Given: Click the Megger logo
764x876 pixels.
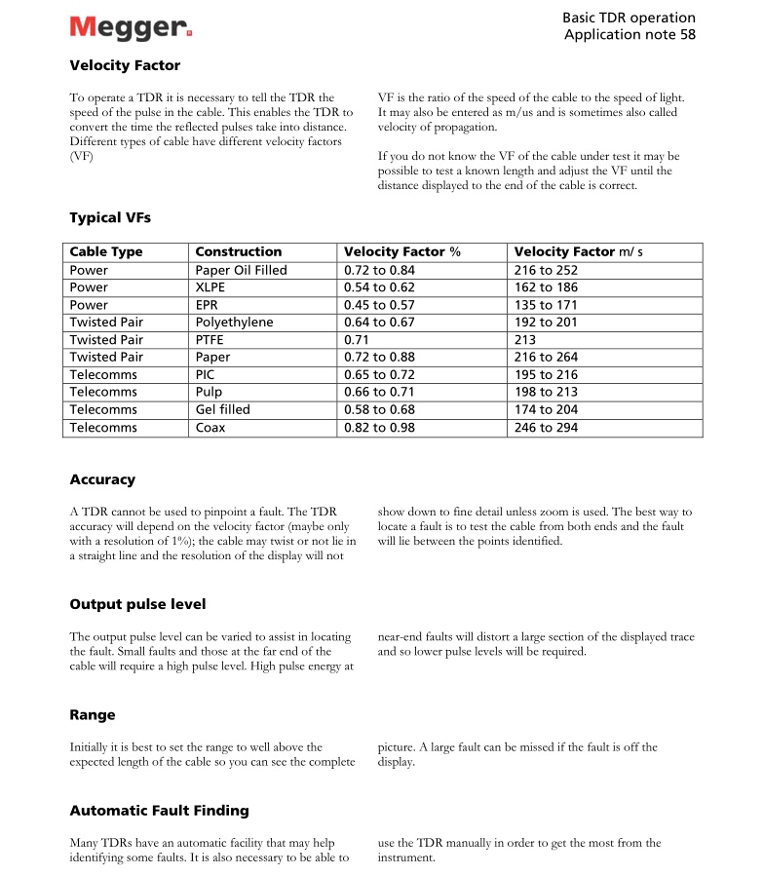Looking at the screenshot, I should pyautogui.click(x=131, y=27).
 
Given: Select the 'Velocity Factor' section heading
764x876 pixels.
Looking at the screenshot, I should pyautogui.click(x=125, y=66).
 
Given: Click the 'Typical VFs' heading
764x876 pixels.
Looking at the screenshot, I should pyautogui.click(x=110, y=217).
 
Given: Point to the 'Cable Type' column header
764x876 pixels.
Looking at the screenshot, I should pyautogui.click(x=106, y=251).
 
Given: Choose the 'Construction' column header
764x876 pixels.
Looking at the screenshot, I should pyautogui.click(x=239, y=251).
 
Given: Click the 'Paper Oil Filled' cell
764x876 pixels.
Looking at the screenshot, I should pyautogui.click(x=242, y=270).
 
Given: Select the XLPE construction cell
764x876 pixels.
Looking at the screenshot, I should pyautogui.click(x=210, y=287).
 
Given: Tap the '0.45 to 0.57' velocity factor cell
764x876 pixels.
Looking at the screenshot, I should pyautogui.click(x=380, y=305).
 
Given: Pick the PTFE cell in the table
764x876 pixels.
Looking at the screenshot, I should pyautogui.click(x=211, y=340).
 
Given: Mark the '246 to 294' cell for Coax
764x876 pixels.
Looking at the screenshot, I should pyautogui.click(x=546, y=428).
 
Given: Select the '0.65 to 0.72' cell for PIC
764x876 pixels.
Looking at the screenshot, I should pyautogui.click(x=380, y=375).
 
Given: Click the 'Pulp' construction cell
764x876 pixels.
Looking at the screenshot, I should pyautogui.click(x=210, y=393).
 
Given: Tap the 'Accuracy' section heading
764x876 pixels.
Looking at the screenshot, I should pyautogui.click(x=102, y=479).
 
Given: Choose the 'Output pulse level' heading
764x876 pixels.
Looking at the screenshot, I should pyautogui.click(x=137, y=604).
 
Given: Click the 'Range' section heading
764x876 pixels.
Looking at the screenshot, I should pyautogui.click(x=93, y=715).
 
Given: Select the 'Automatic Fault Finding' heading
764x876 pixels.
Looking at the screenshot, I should pyautogui.click(x=159, y=811).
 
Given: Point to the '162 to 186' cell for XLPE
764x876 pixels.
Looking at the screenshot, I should pyautogui.click(x=546, y=287).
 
